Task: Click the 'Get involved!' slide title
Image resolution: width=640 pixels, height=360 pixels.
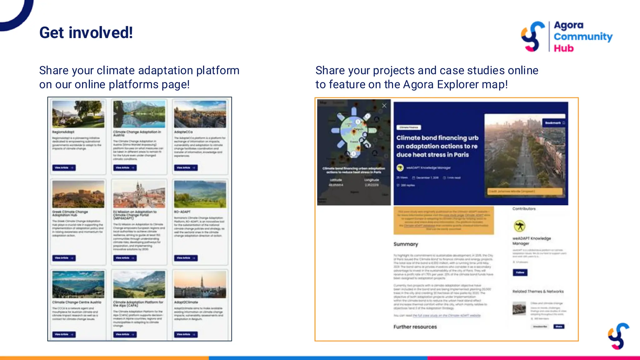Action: click(86, 33)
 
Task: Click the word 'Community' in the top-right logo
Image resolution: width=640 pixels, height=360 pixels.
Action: click(583, 37)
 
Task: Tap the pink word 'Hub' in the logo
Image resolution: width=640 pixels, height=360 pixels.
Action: click(564, 48)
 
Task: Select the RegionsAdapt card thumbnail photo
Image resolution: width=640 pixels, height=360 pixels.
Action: click(78, 114)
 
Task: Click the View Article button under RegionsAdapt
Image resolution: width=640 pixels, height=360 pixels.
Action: click(64, 168)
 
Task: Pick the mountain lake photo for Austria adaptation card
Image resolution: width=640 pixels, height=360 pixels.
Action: click(139, 114)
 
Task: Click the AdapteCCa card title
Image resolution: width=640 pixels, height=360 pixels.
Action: click(183, 132)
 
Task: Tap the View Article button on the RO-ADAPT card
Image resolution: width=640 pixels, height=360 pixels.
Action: click(186, 258)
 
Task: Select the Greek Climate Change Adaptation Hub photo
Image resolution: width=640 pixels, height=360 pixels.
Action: click(78, 194)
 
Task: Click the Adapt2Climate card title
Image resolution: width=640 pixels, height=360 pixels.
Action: click(186, 302)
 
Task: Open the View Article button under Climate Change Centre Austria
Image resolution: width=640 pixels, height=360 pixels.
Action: click(64, 334)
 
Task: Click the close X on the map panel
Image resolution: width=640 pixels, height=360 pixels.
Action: click(384, 106)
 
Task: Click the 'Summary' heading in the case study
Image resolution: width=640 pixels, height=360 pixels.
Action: click(406, 244)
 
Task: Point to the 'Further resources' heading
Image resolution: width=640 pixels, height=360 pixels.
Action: click(415, 327)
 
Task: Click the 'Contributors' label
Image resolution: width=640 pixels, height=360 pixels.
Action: click(524, 209)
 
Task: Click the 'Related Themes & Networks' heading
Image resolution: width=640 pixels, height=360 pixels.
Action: click(538, 292)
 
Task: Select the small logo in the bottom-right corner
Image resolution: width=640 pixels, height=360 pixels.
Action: click(618, 336)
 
